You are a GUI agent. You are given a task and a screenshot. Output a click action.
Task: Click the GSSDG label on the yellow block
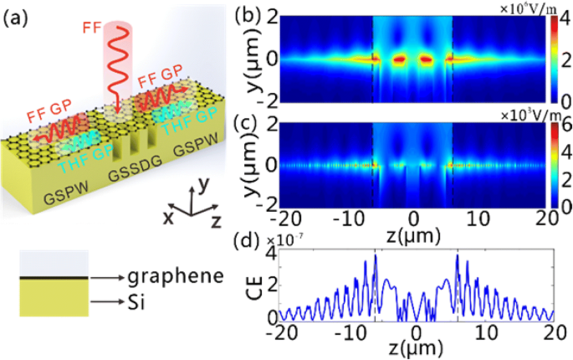click(136, 175)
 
